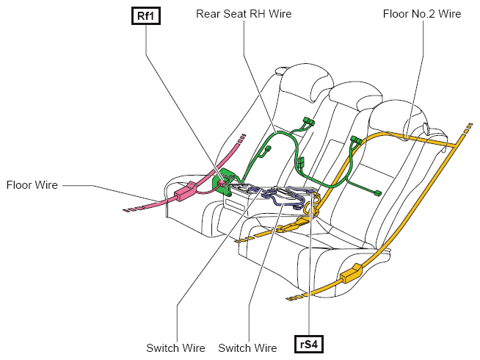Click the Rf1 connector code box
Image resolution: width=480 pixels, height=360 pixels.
pyautogui.click(x=146, y=16)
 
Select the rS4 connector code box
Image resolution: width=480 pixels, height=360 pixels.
pyautogui.click(x=308, y=345)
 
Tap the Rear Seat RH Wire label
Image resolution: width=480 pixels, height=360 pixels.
pyautogui.click(x=244, y=14)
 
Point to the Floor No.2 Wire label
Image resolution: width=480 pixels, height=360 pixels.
pyautogui.click(x=422, y=14)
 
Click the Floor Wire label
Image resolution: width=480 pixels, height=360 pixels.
pyautogui.click(x=32, y=185)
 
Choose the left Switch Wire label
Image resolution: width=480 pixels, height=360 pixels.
pyautogui.click(x=175, y=348)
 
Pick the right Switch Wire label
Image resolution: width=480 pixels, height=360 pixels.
pyautogui.click(x=247, y=348)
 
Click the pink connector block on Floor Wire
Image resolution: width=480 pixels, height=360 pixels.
pyautogui.click(x=186, y=192)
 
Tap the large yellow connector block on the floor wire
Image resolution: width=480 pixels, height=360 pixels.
pyautogui.click(x=351, y=273)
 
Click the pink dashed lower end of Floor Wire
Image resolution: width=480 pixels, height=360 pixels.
pyautogui.click(x=132, y=209)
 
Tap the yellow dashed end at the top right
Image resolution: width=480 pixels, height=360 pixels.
pyautogui.click(x=468, y=128)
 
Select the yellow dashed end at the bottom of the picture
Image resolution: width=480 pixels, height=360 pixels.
pyautogui.click(x=295, y=298)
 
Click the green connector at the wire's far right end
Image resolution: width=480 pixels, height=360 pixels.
pyautogui.click(x=378, y=193)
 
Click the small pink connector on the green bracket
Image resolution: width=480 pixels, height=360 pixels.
pyautogui.click(x=222, y=183)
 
